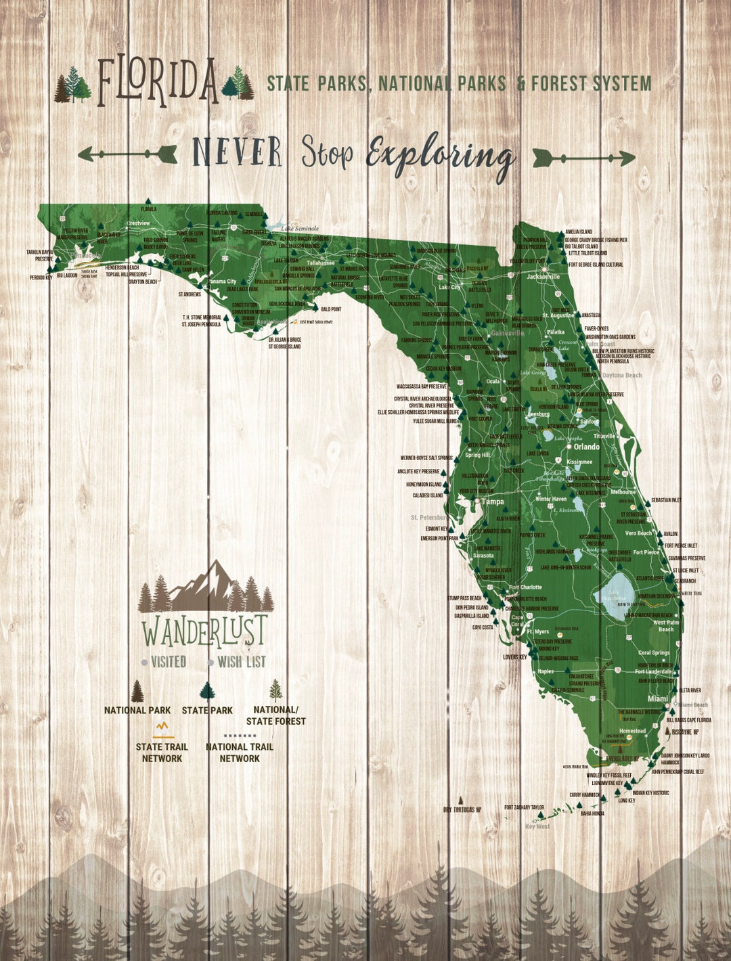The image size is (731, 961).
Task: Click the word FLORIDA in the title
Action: tap(158, 81)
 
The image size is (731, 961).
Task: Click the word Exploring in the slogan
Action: tap(439, 156)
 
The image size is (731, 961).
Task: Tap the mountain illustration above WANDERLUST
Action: tap(206, 586)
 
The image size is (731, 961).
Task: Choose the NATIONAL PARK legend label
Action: tap(137, 711)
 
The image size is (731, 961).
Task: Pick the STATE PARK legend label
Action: tap(207, 711)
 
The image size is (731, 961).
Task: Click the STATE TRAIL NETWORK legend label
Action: tap(162, 753)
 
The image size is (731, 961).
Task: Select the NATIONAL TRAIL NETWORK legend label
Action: tap(240, 753)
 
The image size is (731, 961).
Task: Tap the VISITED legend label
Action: tap(169, 662)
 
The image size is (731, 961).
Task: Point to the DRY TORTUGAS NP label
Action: tap(462, 809)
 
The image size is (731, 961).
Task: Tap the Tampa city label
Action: tap(492, 502)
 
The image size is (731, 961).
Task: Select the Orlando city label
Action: tap(586, 447)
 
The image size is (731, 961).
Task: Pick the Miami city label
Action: tap(657, 698)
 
